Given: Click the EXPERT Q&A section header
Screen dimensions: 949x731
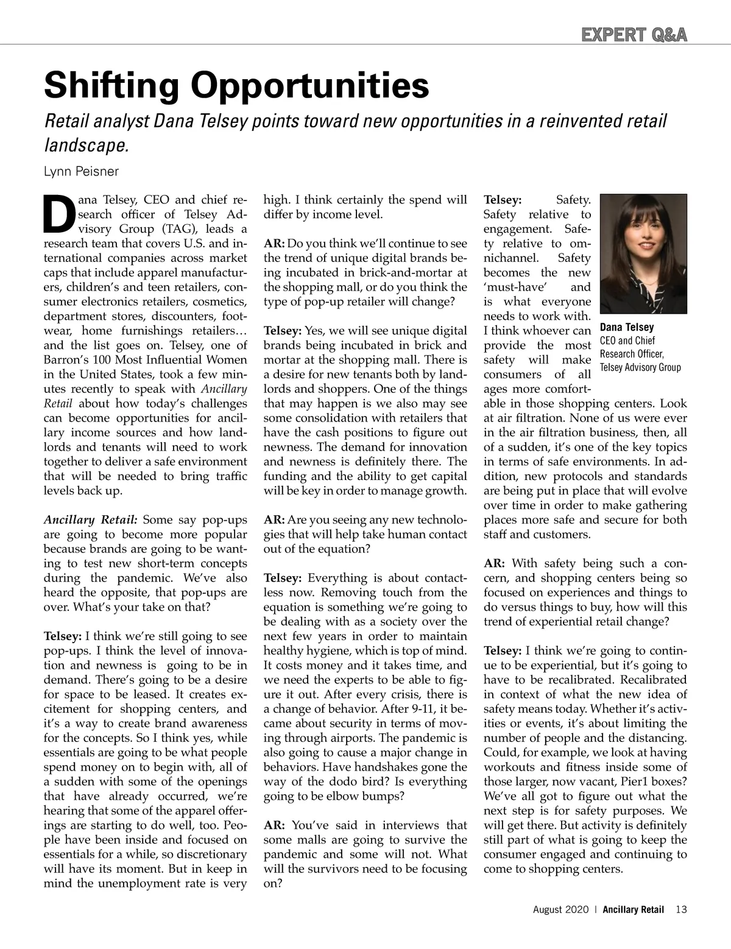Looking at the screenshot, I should [634, 35].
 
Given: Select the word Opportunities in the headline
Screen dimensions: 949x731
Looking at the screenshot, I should [311, 86].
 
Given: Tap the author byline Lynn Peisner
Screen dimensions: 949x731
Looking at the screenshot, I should [82, 171].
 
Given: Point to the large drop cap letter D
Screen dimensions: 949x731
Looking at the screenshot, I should [57, 214].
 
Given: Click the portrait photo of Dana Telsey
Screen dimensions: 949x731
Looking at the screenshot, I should [643, 254].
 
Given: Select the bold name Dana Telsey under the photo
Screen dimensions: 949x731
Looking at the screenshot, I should [627, 328].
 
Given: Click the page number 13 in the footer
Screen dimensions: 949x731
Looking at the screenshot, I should [681, 910].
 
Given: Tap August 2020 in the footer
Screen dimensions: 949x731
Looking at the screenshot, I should [561, 910].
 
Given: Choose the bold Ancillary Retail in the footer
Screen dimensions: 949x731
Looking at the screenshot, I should [634, 910].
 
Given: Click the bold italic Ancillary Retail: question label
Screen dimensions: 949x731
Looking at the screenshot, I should [91, 520].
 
